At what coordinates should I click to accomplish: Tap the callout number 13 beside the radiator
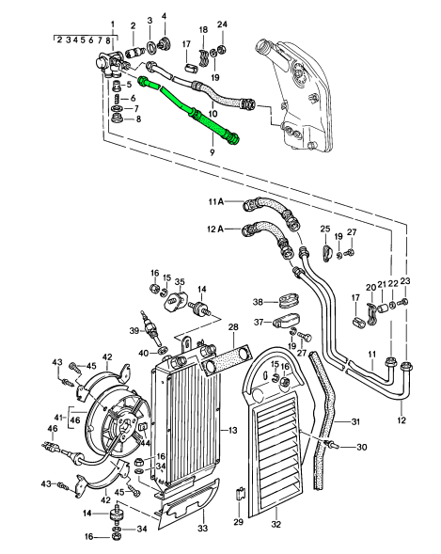click(x=232, y=431)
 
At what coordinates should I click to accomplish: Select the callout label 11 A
click(x=216, y=201)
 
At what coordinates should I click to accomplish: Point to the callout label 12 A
click(x=215, y=230)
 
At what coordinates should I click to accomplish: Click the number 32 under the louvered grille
click(x=276, y=524)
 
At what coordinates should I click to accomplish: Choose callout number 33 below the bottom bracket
click(x=202, y=529)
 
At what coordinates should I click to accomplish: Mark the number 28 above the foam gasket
click(x=233, y=326)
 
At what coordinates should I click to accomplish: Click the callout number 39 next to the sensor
click(x=134, y=331)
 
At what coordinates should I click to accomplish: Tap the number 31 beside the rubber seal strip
click(x=355, y=421)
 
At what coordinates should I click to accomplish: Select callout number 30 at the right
click(x=362, y=447)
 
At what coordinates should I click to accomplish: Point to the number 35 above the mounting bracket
click(x=180, y=281)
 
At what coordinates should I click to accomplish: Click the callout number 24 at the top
click(x=222, y=24)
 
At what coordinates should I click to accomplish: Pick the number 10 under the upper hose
click(x=213, y=114)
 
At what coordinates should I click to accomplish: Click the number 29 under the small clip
click(x=239, y=521)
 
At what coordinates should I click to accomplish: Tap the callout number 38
click(x=258, y=302)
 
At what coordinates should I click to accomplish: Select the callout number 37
click(x=259, y=323)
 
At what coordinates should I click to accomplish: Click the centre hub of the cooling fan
click(x=124, y=426)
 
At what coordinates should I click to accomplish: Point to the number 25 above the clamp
click(x=325, y=229)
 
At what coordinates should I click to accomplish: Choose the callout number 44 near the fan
click(x=146, y=442)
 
